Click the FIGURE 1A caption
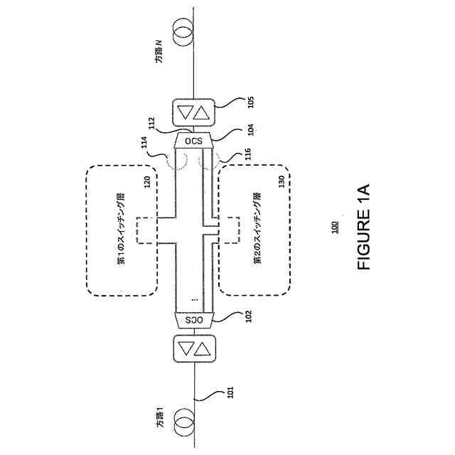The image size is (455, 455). [364, 227]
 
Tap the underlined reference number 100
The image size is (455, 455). [334, 227]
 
